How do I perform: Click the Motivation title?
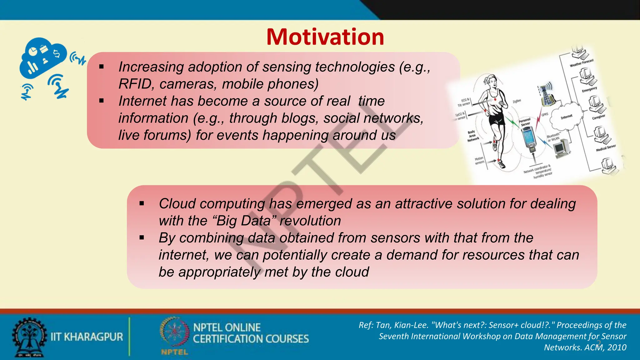(325, 37)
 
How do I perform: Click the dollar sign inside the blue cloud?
(57, 53)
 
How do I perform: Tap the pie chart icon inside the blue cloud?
(33, 51)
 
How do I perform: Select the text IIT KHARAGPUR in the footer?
(87, 337)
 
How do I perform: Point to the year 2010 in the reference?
(617, 347)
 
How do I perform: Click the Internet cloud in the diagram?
(566, 117)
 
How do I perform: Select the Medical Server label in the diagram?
(606, 148)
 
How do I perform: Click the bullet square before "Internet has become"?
(101, 101)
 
